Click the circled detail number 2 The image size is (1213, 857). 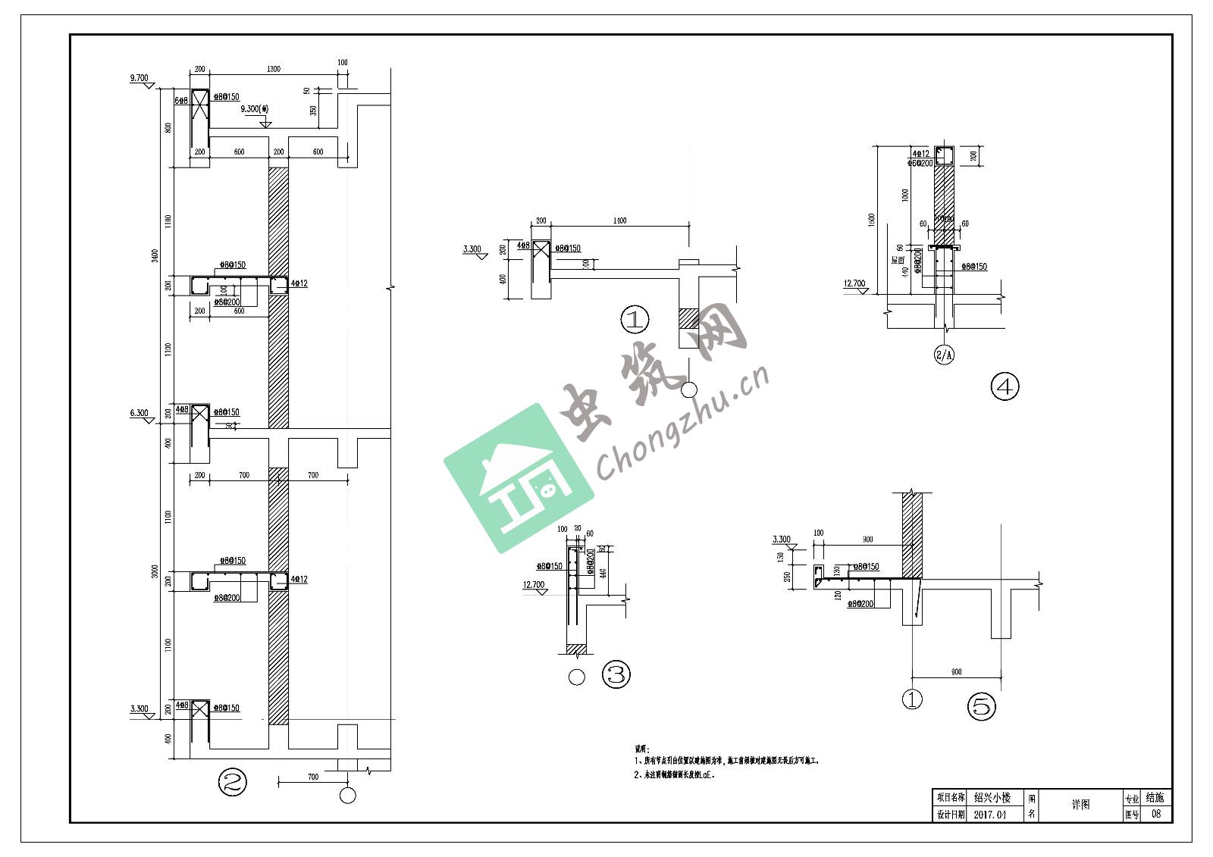pyautogui.click(x=233, y=782)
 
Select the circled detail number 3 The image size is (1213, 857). pyautogui.click(x=616, y=674)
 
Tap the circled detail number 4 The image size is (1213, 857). pyautogui.click(x=1005, y=386)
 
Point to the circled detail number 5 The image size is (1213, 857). pyautogui.click(x=981, y=707)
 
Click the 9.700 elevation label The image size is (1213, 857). pyautogui.click(x=139, y=78)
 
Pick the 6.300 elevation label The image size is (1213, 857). pyautogui.click(x=139, y=413)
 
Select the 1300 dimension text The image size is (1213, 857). pyautogui.click(x=274, y=69)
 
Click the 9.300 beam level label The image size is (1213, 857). pyautogui.click(x=255, y=109)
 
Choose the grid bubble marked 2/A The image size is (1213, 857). pyautogui.click(x=944, y=355)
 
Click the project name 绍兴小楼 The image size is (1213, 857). pyautogui.click(x=992, y=798)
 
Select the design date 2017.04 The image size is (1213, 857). pyautogui.click(x=990, y=815)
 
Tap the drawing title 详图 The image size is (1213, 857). pyautogui.click(x=1080, y=805)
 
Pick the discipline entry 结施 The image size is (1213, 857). pyautogui.click(x=1155, y=797)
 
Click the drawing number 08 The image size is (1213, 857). pyautogui.click(x=1155, y=815)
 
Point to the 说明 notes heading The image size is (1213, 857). pyautogui.click(x=642, y=748)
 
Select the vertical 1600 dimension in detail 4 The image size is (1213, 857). pyautogui.click(x=873, y=220)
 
